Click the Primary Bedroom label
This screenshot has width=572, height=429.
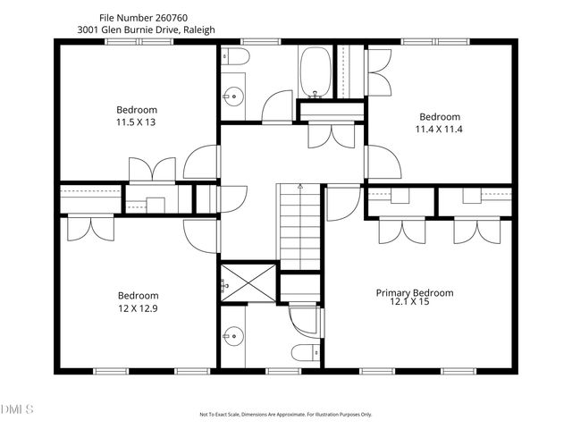point(414,292)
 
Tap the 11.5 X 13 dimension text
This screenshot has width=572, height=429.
point(135,122)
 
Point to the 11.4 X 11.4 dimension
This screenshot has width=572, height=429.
point(440,129)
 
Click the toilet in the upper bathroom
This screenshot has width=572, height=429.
point(236,56)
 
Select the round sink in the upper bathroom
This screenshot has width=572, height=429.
point(234,96)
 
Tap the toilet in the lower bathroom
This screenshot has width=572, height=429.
point(302,351)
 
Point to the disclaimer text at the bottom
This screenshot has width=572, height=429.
point(286,415)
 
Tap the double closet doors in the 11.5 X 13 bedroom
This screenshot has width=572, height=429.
point(151,169)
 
